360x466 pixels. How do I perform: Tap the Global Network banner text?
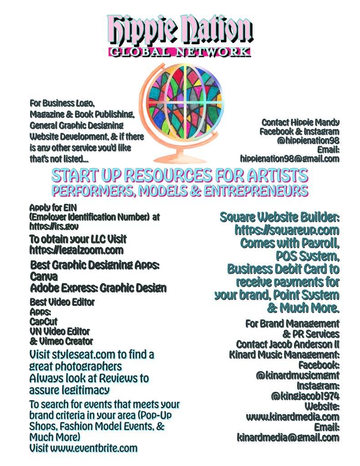[180, 51]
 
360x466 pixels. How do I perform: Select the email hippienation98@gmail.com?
[290, 159]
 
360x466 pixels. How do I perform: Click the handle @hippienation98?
[308, 141]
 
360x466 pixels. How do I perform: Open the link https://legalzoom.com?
[76, 249]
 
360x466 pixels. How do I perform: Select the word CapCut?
[43, 321]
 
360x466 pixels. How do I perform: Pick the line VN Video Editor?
[60, 331]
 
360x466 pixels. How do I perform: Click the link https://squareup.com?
[287, 230]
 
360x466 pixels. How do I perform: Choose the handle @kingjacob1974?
[305, 395]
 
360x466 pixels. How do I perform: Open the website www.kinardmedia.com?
[293, 416]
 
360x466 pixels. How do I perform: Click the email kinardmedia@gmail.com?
[288, 437]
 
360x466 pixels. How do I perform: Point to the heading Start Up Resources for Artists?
[179, 175]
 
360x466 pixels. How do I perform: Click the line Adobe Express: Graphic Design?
[98, 288]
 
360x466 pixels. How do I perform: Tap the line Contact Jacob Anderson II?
[288, 344]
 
